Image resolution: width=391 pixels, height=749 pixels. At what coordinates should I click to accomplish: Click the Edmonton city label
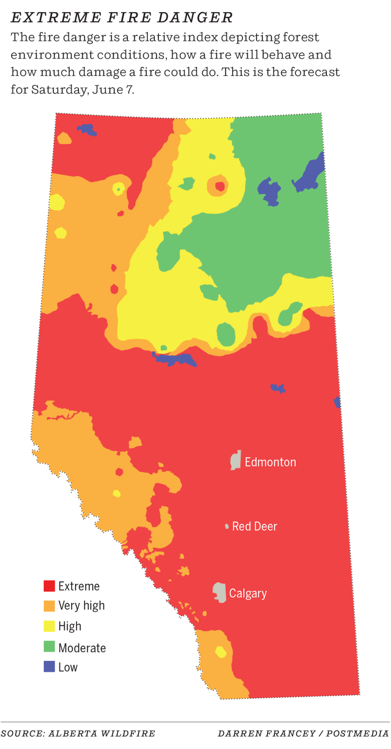[270, 462]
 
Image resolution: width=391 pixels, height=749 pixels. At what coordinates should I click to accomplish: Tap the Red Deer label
[255, 526]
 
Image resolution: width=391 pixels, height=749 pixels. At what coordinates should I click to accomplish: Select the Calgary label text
[248, 593]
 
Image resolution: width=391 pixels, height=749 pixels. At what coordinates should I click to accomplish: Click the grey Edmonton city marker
[235, 460]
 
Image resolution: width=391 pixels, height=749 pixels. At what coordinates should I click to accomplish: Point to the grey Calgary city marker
[219, 592]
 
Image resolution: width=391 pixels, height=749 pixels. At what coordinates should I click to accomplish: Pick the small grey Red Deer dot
[227, 526]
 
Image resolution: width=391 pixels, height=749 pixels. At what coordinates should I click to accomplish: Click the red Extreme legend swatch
[49, 586]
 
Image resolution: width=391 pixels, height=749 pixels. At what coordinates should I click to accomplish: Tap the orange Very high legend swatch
[49, 606]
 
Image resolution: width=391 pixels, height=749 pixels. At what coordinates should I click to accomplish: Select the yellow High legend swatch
[49, 626]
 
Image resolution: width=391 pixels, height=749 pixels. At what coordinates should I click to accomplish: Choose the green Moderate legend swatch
[49, 648]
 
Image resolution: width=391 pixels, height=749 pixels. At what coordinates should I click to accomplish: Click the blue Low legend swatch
[49, 666]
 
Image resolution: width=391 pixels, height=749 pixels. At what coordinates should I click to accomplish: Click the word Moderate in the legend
[82, 648]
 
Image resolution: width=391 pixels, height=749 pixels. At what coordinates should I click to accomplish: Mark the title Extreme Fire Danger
[122, 18]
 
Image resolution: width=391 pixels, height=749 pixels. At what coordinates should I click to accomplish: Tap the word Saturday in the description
[55, 89]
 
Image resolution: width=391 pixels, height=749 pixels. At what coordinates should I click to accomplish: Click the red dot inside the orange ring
[220, 186]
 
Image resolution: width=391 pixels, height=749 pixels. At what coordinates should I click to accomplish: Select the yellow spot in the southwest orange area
[220, 652]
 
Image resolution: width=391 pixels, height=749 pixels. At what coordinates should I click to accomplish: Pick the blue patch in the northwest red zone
[87, 130]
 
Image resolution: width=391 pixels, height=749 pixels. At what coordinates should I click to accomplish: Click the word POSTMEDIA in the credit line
[358, 734]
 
